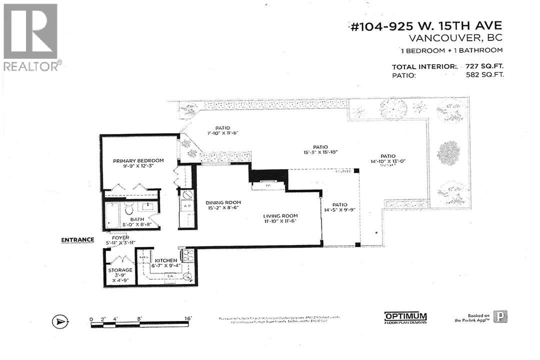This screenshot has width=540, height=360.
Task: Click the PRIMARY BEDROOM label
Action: pyautogui.click(x=138, y=160)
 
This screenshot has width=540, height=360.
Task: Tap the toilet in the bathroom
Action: pyautogui.click(x=129, y=209)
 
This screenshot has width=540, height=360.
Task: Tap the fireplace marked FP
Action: pyautogui.click(x=268, y=185)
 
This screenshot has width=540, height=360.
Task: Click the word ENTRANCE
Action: pyautogui.click(x=77, y=239)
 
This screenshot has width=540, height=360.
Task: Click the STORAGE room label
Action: pyautogui.click(x=120, y=270)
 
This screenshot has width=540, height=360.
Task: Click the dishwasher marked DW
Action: pyautogui.click(x=171, y=276)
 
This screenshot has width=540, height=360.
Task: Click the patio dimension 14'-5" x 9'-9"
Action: pyautogui.click(x=339, y=210)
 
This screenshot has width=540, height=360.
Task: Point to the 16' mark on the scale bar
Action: pyautogui.click(x=188, y=318)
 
